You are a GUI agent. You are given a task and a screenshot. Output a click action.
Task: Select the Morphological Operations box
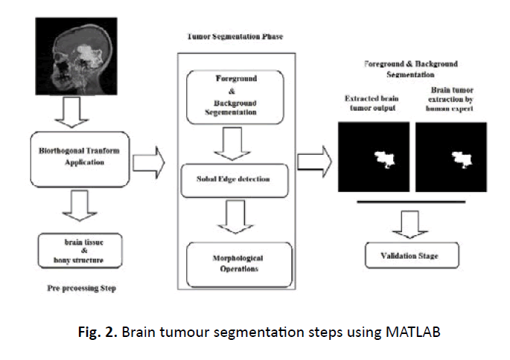coord(234,263)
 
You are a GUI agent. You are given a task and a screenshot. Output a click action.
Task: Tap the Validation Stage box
coord(412,256)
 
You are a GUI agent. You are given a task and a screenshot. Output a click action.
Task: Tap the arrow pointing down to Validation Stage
coord(412,221)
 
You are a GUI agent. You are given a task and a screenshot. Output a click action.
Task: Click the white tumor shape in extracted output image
coord(384,159)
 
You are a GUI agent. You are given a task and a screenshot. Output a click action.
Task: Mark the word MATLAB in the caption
coord(414,332)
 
